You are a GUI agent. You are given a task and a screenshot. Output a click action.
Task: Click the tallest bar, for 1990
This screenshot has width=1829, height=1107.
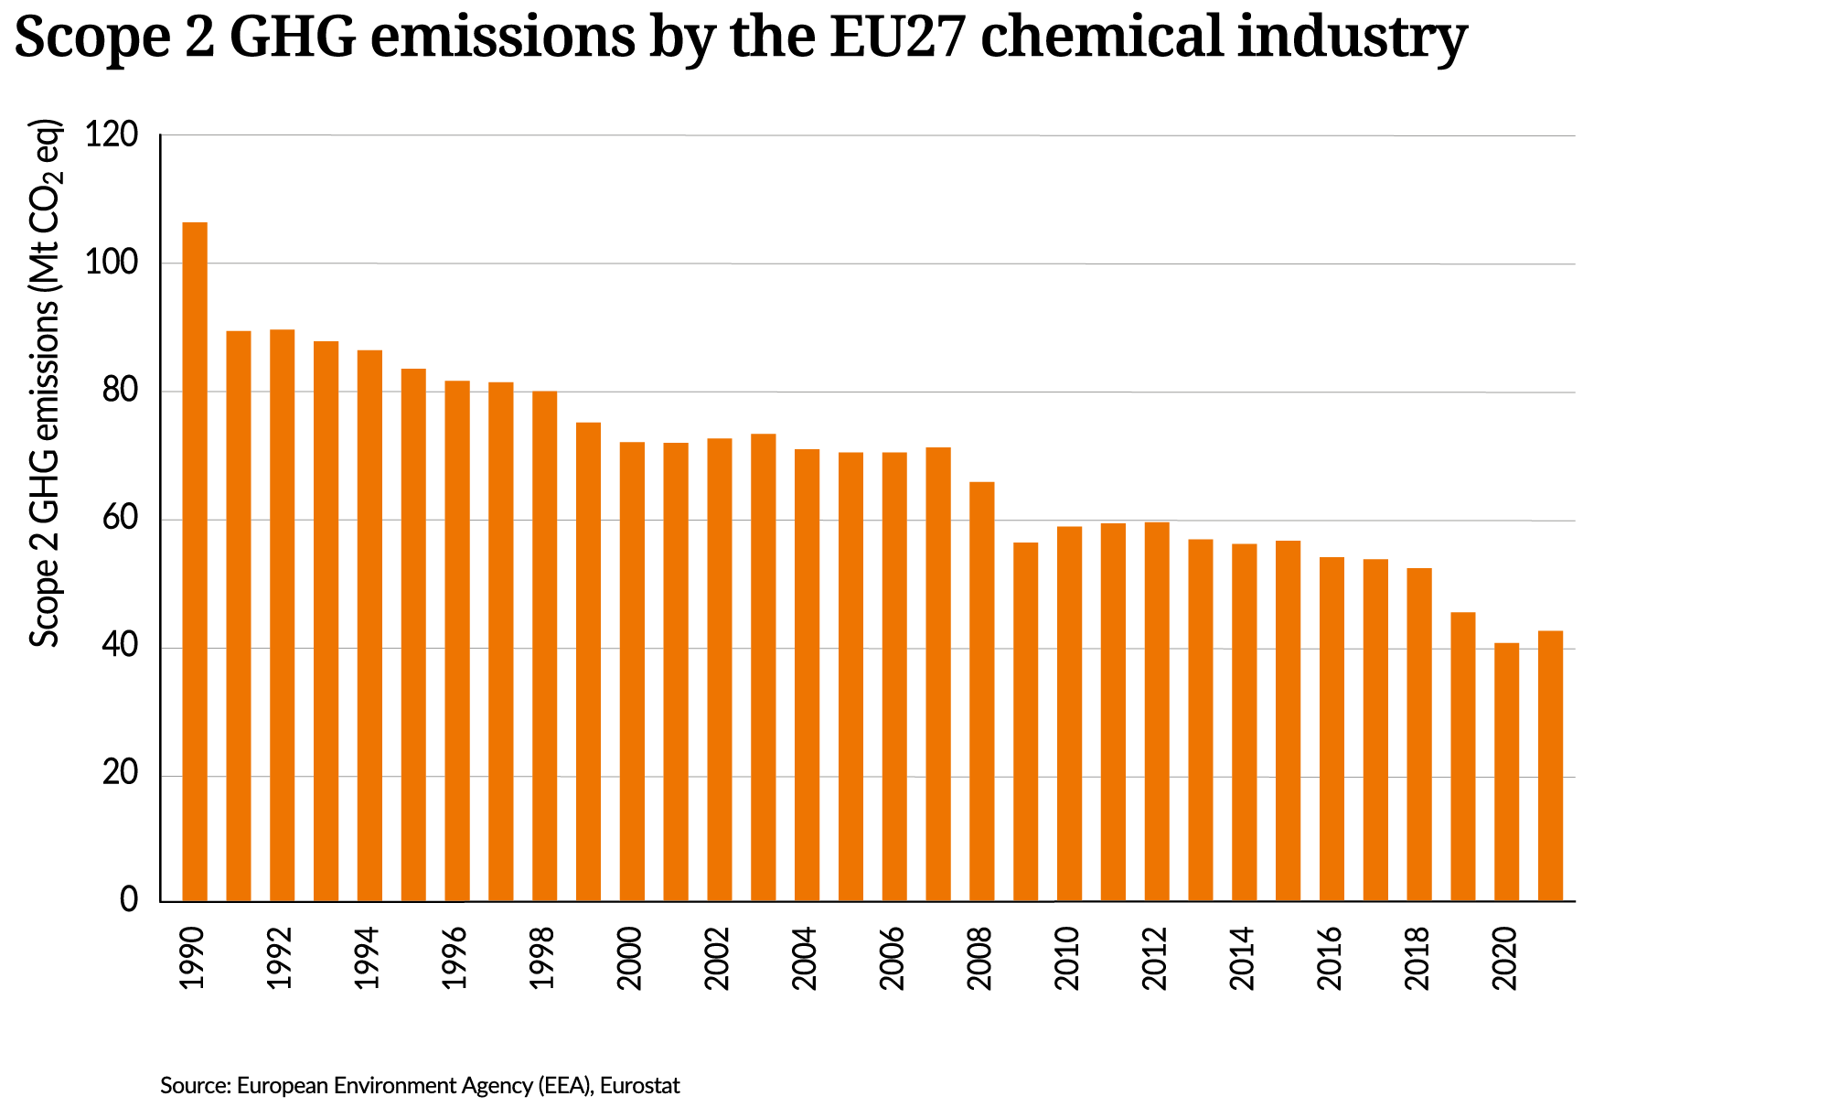coord(195,562)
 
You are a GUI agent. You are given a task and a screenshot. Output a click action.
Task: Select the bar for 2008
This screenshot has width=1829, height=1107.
coord(981,692)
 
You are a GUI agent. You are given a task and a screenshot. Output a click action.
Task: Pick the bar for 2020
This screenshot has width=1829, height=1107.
coord(1506,772)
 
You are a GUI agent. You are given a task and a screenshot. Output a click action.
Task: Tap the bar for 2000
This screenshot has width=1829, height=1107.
coord(632,672)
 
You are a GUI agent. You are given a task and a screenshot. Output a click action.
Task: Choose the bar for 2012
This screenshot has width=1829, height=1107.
coord(1157,712)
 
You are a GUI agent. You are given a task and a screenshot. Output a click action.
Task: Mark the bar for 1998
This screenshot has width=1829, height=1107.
coord(544,646)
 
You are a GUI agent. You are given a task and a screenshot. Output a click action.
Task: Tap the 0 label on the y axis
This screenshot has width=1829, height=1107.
coord(129,900)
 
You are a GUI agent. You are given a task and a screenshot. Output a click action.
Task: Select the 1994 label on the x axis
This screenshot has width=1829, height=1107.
coord(368,958)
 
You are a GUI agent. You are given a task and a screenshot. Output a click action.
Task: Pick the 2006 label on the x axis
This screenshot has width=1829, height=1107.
coord(892,958)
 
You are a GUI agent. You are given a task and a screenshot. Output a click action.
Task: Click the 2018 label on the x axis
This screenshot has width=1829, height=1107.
coord(1417,958)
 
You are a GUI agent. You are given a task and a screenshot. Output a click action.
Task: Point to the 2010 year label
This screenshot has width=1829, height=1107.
coord(1067,958)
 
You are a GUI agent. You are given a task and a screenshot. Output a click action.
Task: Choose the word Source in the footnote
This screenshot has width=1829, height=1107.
coord(194,1086)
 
